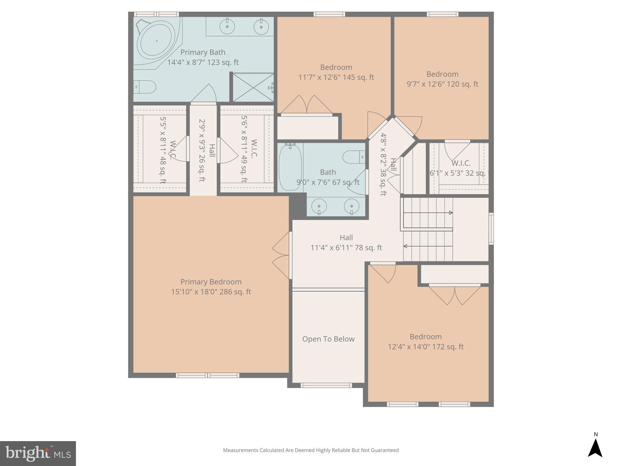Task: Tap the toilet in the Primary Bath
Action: click(x=145, y=87)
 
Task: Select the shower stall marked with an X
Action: click(x=253, y=87)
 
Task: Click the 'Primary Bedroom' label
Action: click(x=211, y=282)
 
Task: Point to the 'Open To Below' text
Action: click(x=328, y=339)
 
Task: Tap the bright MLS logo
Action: click(x=38, y=454)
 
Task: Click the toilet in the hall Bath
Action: click(x=354, y=157)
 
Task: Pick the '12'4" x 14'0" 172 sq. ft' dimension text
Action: click(x=425, y=347)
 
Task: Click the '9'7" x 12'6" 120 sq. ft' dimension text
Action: click(x=442, y=84)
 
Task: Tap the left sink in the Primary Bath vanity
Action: click(x=227, y=27)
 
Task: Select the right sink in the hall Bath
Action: click(x=351, y=206)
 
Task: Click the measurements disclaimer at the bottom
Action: click(x=311, y=450)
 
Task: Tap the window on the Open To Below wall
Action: click(x=326, y=385)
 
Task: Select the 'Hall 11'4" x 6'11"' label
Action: click(x=346, y=243)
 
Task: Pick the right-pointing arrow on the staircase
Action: click(x=451, y=213)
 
